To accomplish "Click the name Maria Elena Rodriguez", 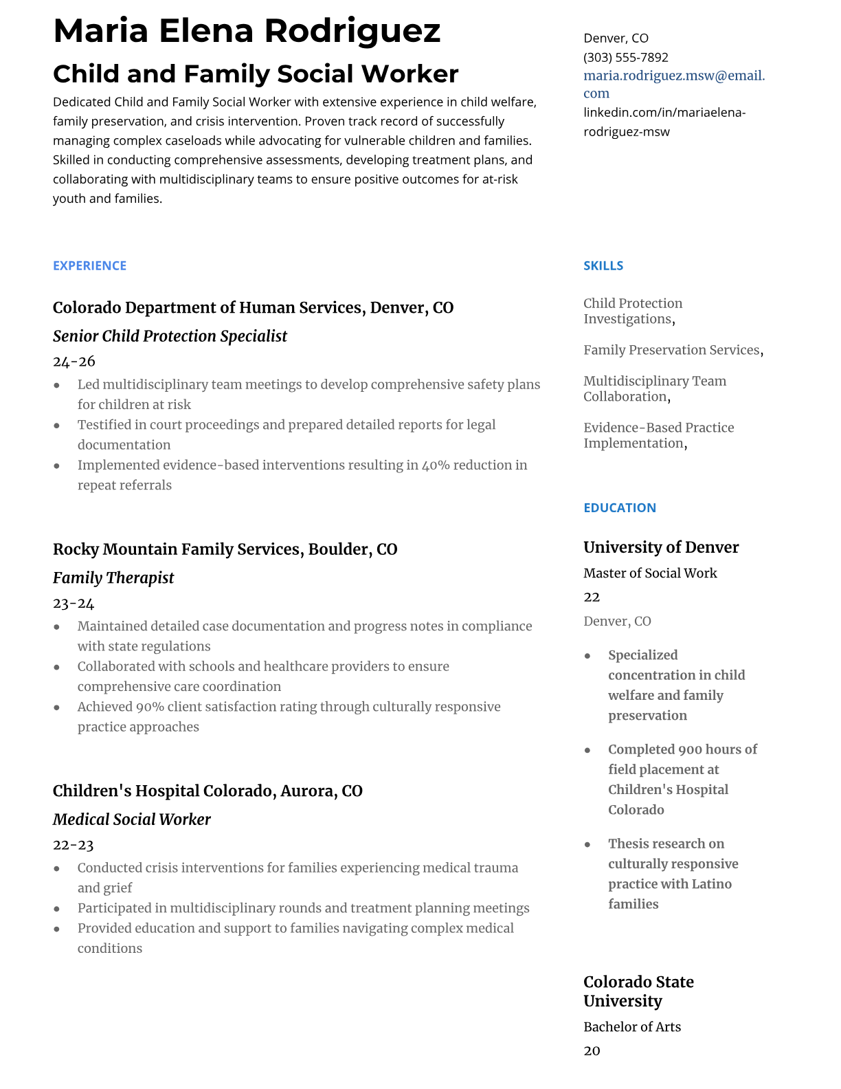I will (x=247, y=31).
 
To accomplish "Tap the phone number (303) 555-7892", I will (x=625, y=57).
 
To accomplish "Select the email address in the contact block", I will (x=673, y=84).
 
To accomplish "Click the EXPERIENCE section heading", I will (x=89, y=265).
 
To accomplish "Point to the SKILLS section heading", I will (x=603, y=265).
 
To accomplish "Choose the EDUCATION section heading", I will (x=619, y=507).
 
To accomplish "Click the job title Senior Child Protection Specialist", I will (x=170, y=336).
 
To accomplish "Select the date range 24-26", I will (x=74, y=362).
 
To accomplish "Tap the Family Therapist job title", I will (x=113, y=578).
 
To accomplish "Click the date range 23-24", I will (x=74, y=604).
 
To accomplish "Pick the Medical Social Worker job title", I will (x=131, y=819).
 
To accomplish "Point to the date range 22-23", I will (x=73, y=845).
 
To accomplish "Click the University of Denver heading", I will (x=660, y=547).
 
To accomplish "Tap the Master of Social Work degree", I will (x=649, y=573).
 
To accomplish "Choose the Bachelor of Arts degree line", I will (x=631, y=1027).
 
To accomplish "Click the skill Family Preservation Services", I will (x=671, y=350).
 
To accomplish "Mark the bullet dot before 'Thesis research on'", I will (x=587, y=844).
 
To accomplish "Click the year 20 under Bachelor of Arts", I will (x=592, y=1051).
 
